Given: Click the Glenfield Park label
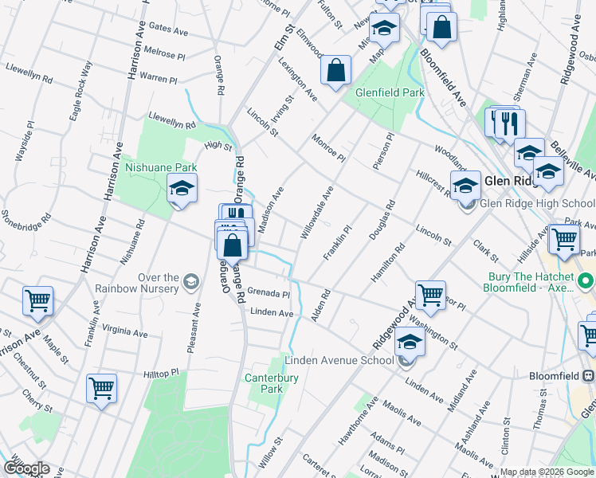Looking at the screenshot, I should [x=390, y=93].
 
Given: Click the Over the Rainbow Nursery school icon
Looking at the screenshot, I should [x=191, y=281].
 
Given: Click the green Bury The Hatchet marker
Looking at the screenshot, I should [x=586, y=281].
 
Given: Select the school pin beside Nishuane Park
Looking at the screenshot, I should [x=182, y=190].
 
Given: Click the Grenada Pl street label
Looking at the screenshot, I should [x=268, y=293].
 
